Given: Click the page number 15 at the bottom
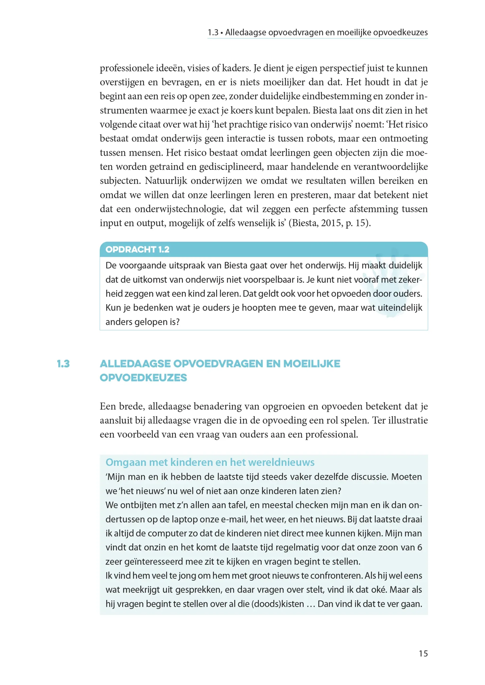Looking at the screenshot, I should pyautogui.click(x=423, y=653).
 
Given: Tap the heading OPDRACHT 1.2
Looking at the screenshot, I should pyautogui.click(x=138, y=249).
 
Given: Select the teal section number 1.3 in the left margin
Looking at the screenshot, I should pyautogui.click(x=63, y=364).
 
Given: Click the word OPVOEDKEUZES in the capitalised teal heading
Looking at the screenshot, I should pyautogui.click(x=143, y=378).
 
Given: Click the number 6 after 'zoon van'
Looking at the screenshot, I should pyautogui.click(x=420, y=547).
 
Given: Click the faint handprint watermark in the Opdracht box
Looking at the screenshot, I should pyautogui.click(x=391, y=284).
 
